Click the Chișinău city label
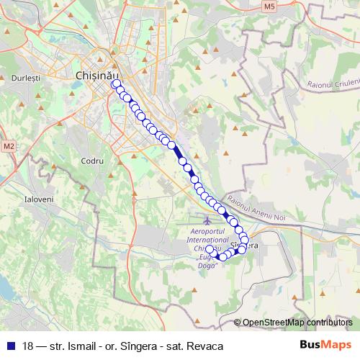point(95,74)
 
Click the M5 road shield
point(269,6)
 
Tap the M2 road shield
point(8,146)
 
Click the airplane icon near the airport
point(208,220)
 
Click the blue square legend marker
point(11,346)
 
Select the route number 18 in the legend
point(27,346)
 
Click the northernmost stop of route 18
point(114,83)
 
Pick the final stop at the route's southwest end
point(210,251)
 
